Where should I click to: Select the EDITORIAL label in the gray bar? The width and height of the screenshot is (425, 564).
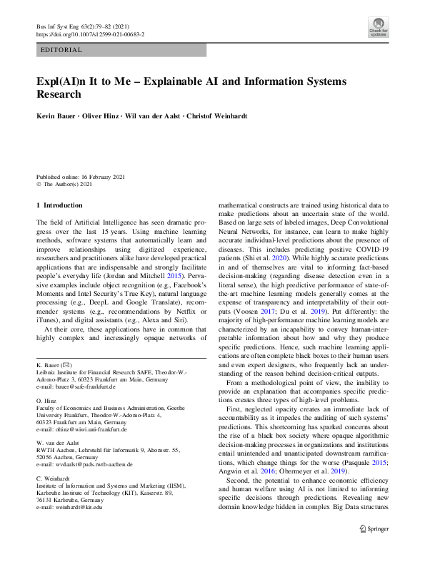tap(63, 51)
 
